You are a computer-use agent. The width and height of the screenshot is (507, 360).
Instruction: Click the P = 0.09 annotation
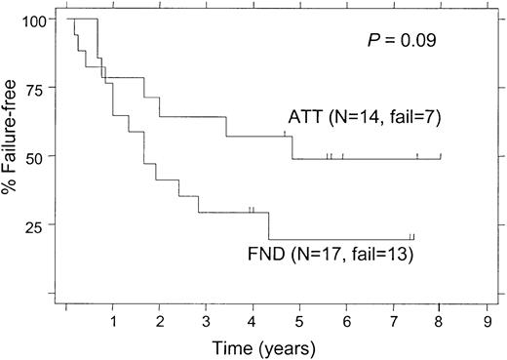coord(395,42)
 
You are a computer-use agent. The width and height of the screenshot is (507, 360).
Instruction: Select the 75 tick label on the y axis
coord(36,88)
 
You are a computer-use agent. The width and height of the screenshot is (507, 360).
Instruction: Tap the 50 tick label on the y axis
coord(36,156)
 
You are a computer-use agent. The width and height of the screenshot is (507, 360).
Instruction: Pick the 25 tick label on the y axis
coord(36,224)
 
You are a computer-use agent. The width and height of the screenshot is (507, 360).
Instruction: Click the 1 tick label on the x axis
coord(113,319)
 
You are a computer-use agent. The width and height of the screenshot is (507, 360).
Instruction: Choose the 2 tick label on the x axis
coord(160,319)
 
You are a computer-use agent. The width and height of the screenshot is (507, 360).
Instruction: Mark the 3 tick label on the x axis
coord(207,319)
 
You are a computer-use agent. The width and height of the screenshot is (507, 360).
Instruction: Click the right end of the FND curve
coord(413,239)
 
